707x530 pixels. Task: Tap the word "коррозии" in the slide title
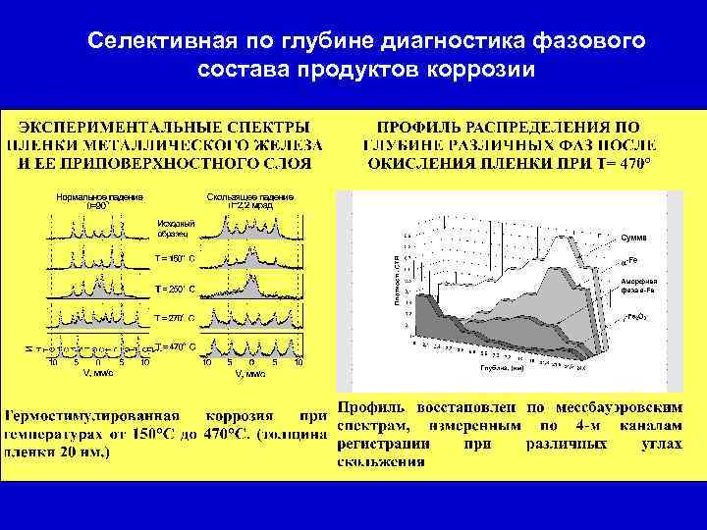pyautogui.click(x=484, y=71)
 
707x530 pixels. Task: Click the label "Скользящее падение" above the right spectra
pyautogui.click(x=250, y=197)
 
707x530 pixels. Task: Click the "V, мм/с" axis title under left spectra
pyautogui.click(x=96, y=373)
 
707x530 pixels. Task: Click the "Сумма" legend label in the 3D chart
pyautogui.click(x=634, y=238)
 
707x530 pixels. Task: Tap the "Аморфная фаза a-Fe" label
pyautogui.click(x=633, y=286)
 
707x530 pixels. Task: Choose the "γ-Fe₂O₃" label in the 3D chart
pyautogui.click(x=633, y=318)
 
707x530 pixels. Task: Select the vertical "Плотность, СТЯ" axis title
pyautogui.click(x=398, y=283)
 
